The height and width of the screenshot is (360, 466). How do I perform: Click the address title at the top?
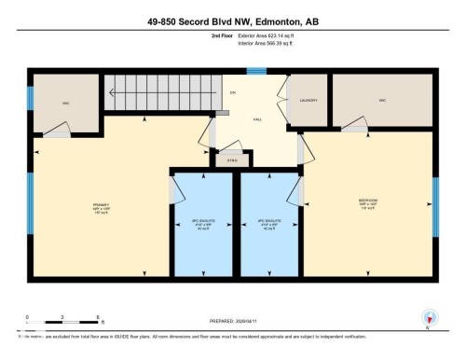(232, 21)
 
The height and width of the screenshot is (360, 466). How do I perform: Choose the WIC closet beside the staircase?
(66, 103)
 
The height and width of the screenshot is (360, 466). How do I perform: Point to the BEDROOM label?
(367, 203)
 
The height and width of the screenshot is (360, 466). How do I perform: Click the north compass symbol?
(429, 317)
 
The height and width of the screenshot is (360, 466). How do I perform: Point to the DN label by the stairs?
(233, 92)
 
